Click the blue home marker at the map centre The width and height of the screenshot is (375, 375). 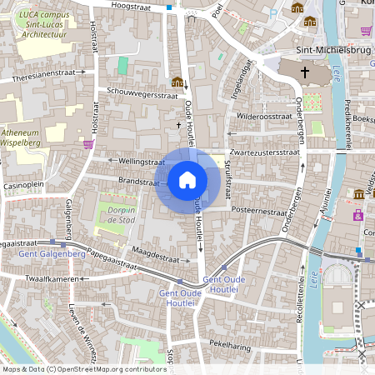(187, 180)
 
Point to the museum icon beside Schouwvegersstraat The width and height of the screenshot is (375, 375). (177, 82)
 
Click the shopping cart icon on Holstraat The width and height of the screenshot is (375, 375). (88, 144)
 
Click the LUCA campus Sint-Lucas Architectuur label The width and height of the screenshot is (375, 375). (45, 25)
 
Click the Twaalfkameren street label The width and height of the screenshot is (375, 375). (52, 278)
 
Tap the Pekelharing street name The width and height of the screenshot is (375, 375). (231, 343)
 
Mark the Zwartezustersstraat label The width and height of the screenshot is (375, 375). (265, 153)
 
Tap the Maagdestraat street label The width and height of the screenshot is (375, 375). (154, 250)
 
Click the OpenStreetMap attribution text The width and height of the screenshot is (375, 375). (84, 368)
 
